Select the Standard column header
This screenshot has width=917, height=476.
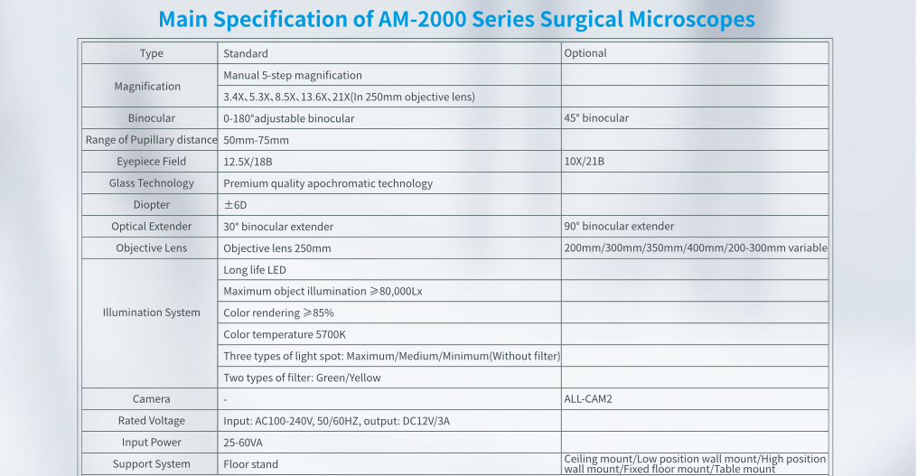[246, 53]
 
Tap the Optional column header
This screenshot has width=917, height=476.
[585, 53]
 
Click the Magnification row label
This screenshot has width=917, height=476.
[147, 86]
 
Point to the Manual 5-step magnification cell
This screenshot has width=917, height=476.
[293, 75]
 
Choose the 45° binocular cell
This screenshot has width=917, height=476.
[596, 118]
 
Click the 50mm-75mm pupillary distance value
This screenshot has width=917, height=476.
[257, 140]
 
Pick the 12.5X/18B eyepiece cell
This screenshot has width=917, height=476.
[248, 162]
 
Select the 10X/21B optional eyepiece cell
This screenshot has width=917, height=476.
[585, 162]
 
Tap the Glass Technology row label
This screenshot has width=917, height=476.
[152, 183]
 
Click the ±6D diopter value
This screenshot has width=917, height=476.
[235, 205]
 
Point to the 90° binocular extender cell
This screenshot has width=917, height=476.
[619, 227]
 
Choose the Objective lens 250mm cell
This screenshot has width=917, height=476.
[277, 248]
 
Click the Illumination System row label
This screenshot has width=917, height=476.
[152, 313]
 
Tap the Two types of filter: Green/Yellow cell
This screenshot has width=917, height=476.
[303, 378]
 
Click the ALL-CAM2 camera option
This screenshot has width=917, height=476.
[588, 399]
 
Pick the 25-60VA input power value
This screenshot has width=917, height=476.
[244, 443]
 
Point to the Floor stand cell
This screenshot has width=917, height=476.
[251, 464]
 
